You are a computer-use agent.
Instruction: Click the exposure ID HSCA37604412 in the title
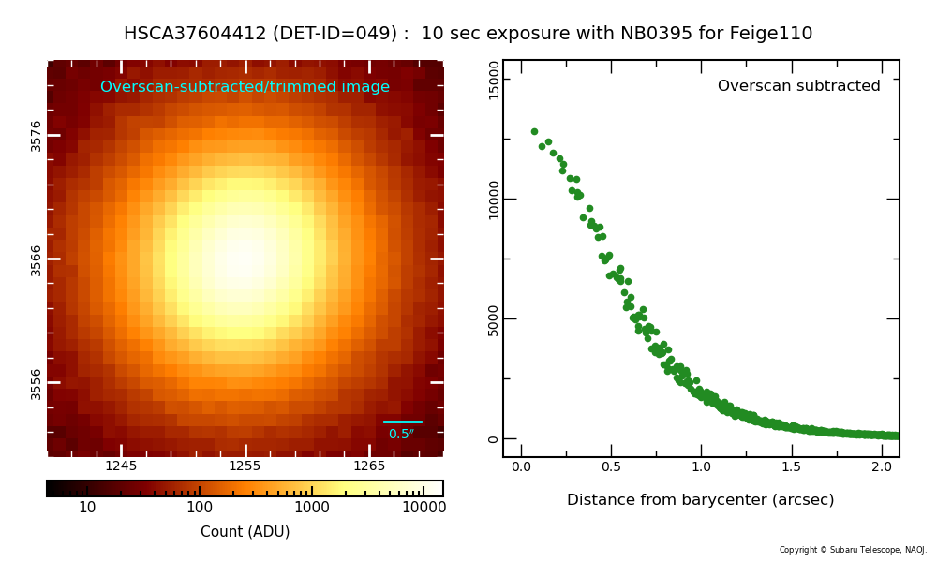pos(194,34)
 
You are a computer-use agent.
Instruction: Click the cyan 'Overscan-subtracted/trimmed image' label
pos(245,87)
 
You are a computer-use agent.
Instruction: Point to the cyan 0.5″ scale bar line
pos(403,422)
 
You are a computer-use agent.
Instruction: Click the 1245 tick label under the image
pos(121,466)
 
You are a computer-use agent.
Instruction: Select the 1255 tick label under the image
pos(245,466)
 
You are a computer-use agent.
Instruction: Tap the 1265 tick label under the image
pos(369,466)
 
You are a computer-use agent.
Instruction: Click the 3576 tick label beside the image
pos(37,135)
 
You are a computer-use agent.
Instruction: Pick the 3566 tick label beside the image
pos(37,259)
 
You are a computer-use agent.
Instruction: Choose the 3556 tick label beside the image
pos(37,383)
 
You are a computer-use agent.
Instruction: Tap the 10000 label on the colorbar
pos(423,508)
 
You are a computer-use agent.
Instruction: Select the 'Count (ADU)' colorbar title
pos(245,532)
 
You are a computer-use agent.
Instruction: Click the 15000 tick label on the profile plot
pos(495,80)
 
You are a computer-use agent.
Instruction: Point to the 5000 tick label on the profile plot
pos(495,319)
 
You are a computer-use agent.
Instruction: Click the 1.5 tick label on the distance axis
pos(791,466)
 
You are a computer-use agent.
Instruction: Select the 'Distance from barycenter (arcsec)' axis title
pos(700,500)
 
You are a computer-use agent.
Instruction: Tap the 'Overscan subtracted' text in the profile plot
pos(798,86)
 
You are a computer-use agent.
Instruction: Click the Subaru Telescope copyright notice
pos(853,550)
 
